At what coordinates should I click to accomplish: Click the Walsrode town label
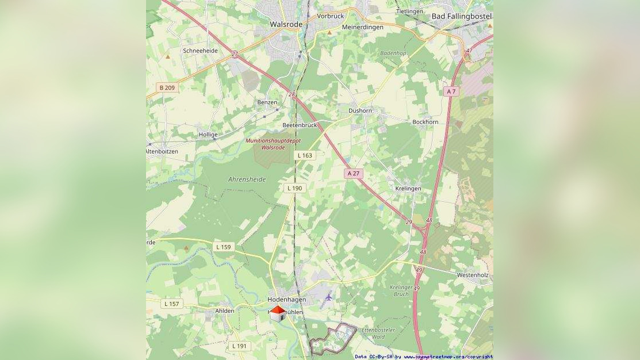coord(286,25)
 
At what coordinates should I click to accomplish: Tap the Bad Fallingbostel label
coord(461,17)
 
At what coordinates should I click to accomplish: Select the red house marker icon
coord(278,313)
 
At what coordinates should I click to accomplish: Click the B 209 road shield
coord(167,87)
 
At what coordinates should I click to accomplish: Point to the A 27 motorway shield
coord(354,173)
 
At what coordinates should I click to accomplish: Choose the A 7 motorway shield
coord(451,91)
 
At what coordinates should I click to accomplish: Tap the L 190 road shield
coord(294,188)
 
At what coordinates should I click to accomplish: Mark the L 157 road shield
coord(171,304)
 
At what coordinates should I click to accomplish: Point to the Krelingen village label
coord(408,188)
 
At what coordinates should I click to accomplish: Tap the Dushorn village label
coord(360,110)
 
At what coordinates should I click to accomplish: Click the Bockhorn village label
coord(425,122)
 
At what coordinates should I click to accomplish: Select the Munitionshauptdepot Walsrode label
coord(273,144)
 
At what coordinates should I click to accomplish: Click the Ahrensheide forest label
coord(247,179)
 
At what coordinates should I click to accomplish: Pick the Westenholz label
coord(473,275)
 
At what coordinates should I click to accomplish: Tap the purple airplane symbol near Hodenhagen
coord(328,297)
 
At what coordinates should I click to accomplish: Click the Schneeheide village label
coord(200,51)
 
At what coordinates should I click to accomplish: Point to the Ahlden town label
coord(224,311)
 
